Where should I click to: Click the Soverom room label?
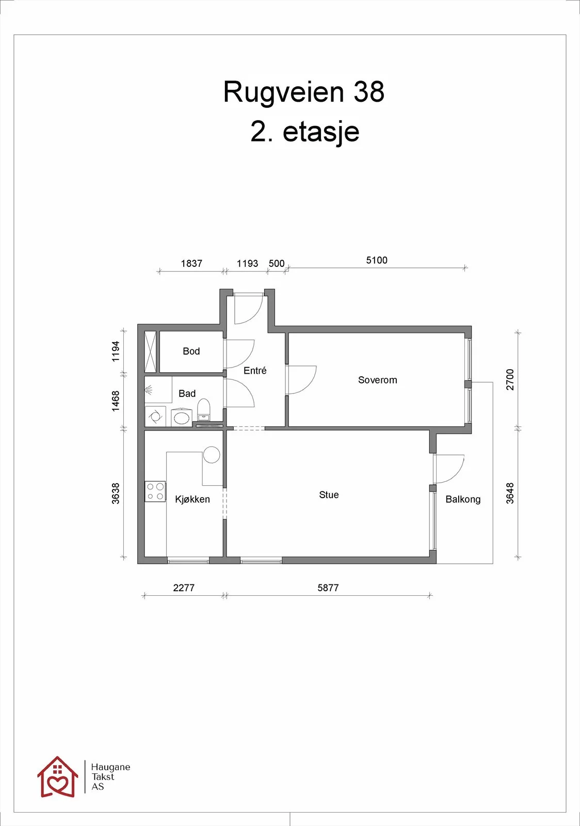click(x=377, y=380)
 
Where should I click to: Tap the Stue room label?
click(x=329, y=495)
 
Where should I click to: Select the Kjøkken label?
click(x=192, y=499)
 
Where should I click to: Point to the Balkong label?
click(x=463, y=499)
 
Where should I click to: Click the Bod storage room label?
click(x=191, y=351)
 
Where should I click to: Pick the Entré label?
click(x=255, y=370)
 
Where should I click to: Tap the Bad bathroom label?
click(x=187, y=393)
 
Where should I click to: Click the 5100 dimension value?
click(x=377, y=260)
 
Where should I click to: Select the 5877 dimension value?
click(x=328, y=587)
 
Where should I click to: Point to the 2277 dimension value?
click(x=184, y=587)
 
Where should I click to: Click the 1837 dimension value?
click(x=191, y=263)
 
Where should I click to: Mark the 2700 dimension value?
click(x=510, y=379)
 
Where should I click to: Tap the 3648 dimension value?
click(x=510, y=493)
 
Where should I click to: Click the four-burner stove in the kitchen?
click(x=155, y=491)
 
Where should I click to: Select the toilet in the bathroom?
click(x=203, y=409)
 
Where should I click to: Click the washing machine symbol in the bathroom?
click(x=155, y=416)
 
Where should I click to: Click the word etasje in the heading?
click(x=320, y=132)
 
